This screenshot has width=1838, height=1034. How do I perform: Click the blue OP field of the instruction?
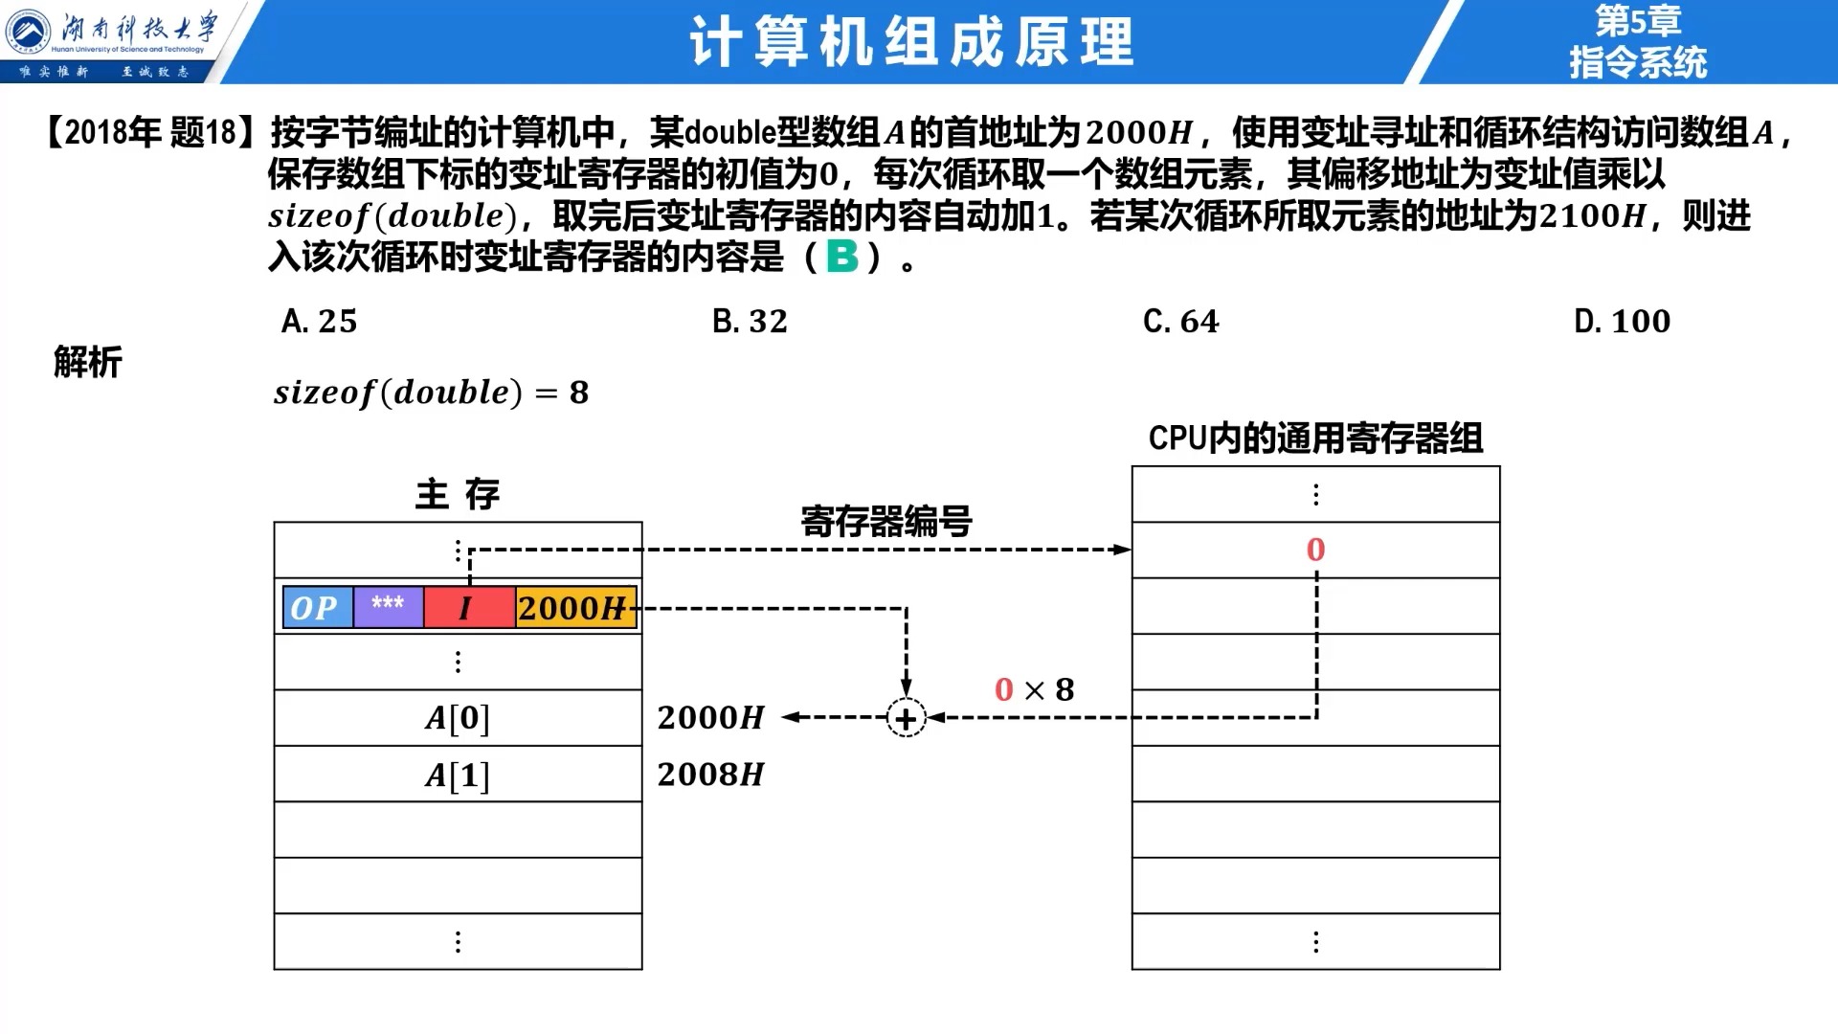point(318,607)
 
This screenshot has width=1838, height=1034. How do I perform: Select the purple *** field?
point(389,607)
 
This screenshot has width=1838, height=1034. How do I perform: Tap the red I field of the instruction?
point(469,607)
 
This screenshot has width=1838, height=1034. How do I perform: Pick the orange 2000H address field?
point(575,607)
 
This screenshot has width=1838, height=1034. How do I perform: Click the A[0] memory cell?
point(458,718)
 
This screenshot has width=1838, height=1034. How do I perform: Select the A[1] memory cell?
point(458,775)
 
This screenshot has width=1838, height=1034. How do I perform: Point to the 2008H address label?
point(710,775)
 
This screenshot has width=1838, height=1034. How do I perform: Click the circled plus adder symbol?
point(906,718)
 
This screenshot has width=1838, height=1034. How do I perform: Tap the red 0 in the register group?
point(1315,550)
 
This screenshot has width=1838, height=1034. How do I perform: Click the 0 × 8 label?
point(1034,689)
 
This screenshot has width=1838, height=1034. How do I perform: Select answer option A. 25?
point(319,321)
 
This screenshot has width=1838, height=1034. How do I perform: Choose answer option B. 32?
point(750,321)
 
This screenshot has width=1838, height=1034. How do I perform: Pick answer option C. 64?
point(1181,321)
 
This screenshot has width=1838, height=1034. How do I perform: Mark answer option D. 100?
point(1622,321)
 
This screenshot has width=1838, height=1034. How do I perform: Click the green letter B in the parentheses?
point(842,256)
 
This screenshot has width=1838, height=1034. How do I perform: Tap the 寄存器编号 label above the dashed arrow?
point(886,522)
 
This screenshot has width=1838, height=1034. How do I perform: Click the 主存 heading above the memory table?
point(458,494)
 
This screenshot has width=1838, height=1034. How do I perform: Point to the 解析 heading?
point(88,362)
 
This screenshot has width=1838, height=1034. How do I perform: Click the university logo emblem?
point(29,32)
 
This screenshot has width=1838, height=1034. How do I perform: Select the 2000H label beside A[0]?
point(710,717)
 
